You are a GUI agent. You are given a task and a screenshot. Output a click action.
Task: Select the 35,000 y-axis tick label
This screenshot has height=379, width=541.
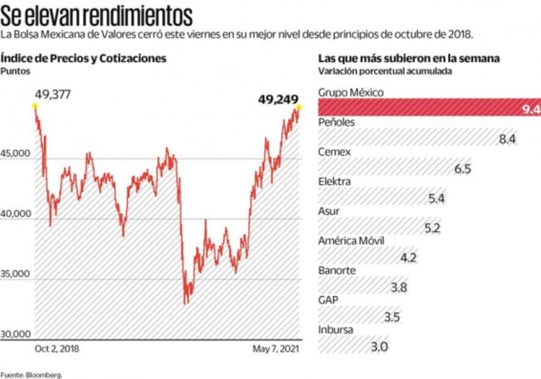pyautogui.click(x=15, y=274)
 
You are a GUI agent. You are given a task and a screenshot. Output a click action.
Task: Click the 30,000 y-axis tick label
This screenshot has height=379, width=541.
pyautogui.click(x=15, y=334)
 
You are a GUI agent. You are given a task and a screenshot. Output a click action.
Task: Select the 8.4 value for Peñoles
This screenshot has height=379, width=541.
pyautogui.click(x=507, y=139)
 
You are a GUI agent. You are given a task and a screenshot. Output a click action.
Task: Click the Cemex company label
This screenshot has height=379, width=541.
pyautogui.click(x=334, y=152)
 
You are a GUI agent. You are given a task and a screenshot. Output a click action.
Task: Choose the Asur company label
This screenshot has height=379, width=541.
pyautogui.click(x=329, y=211)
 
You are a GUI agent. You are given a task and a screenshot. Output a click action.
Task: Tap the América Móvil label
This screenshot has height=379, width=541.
pyautogui.click(x=351, y=240)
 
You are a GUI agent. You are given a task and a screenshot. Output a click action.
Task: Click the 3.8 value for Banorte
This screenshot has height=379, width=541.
pyautogui.click(x=399, y=288)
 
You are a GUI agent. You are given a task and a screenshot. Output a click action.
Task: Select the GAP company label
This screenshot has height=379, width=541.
pyautogui.click(x=328, y=300)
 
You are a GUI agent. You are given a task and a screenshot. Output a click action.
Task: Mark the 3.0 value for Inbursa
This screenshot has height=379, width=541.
pyautogui.click(x=380, y=347)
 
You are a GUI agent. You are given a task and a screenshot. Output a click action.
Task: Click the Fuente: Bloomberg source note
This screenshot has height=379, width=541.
pyautogui.click(x=31, y=373)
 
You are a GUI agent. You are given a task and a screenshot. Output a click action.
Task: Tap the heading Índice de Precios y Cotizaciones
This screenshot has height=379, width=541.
pyautogui.click(x=84, y=59)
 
